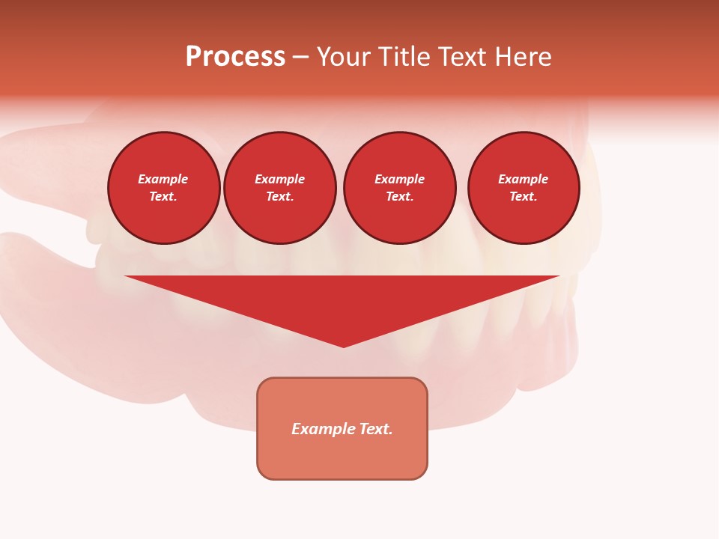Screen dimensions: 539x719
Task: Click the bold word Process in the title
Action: (x=235, y=57)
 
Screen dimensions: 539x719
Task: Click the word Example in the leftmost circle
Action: (x=163, y=180)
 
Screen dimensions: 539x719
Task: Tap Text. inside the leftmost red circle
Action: (x=163, y=197)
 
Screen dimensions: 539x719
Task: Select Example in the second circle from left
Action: (x=280, y=180)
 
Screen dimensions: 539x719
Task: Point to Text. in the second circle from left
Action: (x=280, y=197)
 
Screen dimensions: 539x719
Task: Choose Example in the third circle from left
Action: (x=400, y=180)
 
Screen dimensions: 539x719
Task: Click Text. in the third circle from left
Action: (x=400, y=197)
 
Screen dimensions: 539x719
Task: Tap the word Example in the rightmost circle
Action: (x=524, y=180)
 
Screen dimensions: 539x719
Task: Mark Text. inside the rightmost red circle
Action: (x=524, y=197)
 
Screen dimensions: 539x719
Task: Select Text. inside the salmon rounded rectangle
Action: (x=376, y=429)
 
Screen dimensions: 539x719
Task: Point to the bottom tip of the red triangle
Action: (x=344, y=346)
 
